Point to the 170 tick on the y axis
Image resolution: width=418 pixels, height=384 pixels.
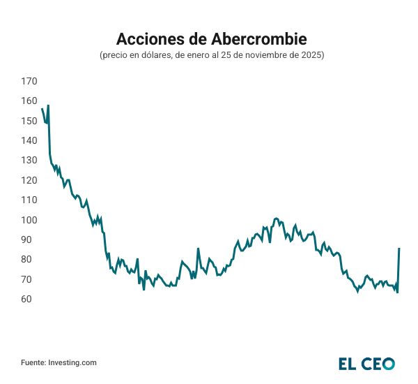click(x=29, y=82)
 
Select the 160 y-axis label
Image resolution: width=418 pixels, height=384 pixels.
click(x=29, y=101)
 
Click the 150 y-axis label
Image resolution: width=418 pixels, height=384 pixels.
click(x=29, y=121)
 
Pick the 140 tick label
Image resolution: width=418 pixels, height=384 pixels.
click(x=29, y=140)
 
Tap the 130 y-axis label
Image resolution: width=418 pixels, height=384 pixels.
click(x=29, y=161)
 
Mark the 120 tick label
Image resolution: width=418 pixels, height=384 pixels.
click(x=29, y=180)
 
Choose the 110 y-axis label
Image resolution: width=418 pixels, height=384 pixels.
click(x=29, y=200)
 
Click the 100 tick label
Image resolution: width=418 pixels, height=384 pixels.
click(x=29, y=220)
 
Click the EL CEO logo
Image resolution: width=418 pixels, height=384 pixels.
click(x=366, y=363)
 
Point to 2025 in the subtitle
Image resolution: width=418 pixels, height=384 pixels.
click(x=312, y=54)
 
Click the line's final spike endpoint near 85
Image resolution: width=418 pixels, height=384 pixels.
click(x=399, y=248)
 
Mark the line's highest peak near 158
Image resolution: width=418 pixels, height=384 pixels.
click(x=48, y=105)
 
